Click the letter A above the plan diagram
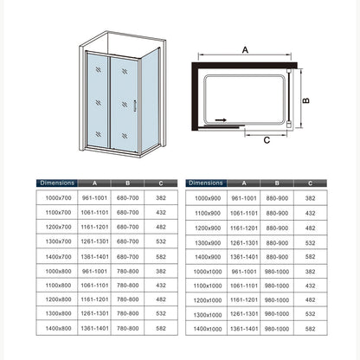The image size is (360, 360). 245,50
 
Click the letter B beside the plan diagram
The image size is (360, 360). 305,100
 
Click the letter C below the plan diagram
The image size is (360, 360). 267,140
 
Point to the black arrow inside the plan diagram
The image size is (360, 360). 221,120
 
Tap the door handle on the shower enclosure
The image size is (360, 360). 134,106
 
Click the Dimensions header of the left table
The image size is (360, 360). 57,183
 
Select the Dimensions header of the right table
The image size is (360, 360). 206,183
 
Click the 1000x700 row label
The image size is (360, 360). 58,198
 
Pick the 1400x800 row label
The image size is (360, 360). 58,328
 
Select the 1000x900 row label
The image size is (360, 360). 208,198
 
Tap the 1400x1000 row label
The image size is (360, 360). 208,329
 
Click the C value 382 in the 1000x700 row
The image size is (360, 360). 161,198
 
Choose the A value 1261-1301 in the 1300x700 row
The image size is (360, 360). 94,241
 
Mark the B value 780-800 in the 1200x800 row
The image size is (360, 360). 128,299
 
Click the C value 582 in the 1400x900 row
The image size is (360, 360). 311,257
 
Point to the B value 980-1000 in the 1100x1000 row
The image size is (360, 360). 277,286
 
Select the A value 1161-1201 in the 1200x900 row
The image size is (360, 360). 244,228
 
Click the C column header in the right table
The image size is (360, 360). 311,183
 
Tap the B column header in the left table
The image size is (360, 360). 128,183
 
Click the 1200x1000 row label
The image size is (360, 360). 208,300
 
